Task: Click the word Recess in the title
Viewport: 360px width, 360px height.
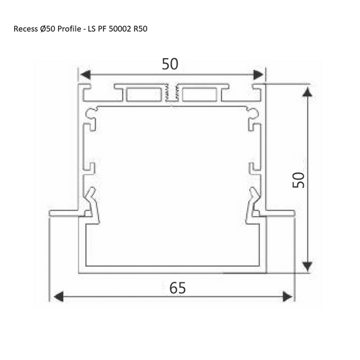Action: coord(25,30)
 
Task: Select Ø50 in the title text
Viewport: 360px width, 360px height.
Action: coord(48,30)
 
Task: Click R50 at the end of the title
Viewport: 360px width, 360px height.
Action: coord(140,30)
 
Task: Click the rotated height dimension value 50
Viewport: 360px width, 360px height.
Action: coord(298,179)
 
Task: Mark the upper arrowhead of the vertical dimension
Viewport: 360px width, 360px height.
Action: coord(308,91)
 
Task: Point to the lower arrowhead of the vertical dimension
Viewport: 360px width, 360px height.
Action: coord(308,265)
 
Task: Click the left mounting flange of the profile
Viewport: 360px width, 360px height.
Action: coord(65,213)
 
